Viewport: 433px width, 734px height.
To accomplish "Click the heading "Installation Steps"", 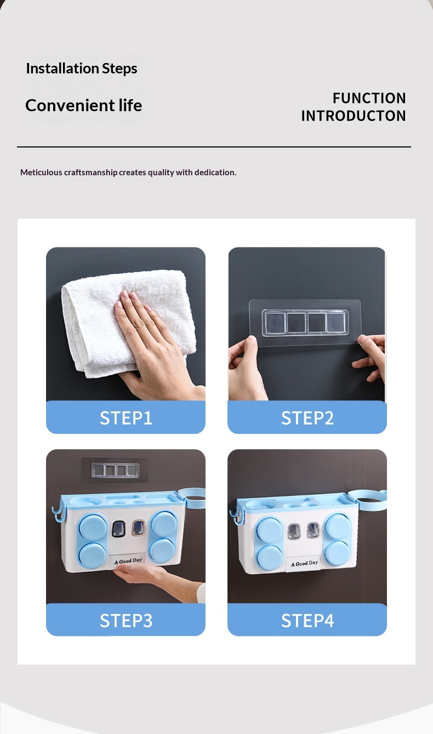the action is [82, 68].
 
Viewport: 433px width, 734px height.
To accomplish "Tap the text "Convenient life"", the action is [83, 106].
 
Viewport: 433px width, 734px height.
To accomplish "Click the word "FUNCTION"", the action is [369, 98].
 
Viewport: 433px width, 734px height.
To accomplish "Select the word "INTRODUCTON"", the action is [354, 116].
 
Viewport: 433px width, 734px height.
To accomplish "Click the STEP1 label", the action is [126, 418].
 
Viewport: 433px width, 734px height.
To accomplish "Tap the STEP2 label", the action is [307, 418].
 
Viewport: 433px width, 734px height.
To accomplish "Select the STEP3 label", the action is [126, 621].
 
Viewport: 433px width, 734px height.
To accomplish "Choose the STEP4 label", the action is [307, 621].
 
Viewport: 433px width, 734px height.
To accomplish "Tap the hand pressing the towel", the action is [154, 344].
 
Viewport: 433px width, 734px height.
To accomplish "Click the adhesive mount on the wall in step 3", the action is [115, 470].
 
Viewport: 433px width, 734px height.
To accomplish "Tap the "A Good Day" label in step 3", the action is [128, 561].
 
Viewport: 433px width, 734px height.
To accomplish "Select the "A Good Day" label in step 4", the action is [304, 564].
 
